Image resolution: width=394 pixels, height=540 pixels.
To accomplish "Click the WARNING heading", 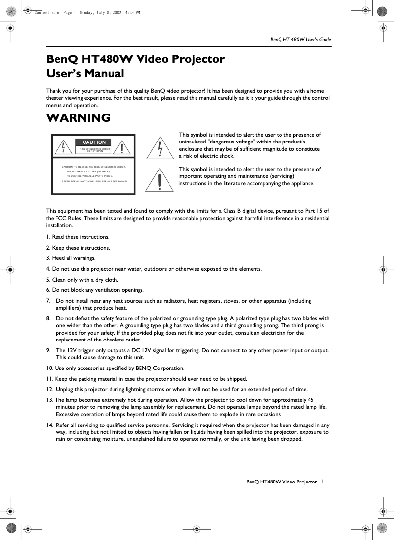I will pos(78,118).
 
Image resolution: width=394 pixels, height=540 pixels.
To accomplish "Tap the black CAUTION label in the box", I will pos(94,142).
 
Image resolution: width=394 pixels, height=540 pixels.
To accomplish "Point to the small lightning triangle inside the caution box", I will pos(63,147).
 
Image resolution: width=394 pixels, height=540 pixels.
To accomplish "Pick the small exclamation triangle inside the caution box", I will pos(124,147).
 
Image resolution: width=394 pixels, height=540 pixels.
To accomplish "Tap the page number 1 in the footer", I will pos(322,482).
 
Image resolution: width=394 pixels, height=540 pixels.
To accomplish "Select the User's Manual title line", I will pos(84,74).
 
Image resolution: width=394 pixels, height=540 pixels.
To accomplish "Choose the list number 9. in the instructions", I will pos(48,350).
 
